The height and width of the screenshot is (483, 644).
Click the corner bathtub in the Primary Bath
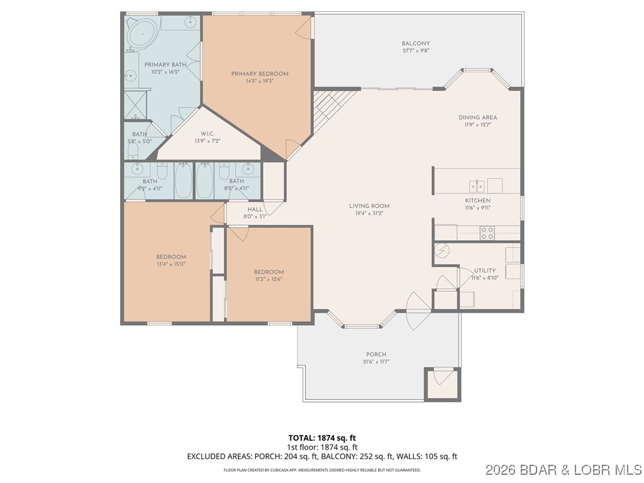[x=142, y=32]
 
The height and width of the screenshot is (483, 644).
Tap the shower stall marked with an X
[x=136, y=104]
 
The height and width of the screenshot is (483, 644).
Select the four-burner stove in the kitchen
[x=487, y=233]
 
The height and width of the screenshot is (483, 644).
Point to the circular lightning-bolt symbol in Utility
[x=442, y=250]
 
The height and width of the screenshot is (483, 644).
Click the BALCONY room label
[x=416, y=43]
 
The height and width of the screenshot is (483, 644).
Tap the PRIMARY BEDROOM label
[x=259, y=74]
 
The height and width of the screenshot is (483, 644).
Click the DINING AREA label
[x=478, y=117]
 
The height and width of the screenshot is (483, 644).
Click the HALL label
[x=255, y=209]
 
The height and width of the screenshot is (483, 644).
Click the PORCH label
[x=376, y=354]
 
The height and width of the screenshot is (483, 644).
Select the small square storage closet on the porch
[x=442, y=382]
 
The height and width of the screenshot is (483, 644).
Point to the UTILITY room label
[x=485, y=270]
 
